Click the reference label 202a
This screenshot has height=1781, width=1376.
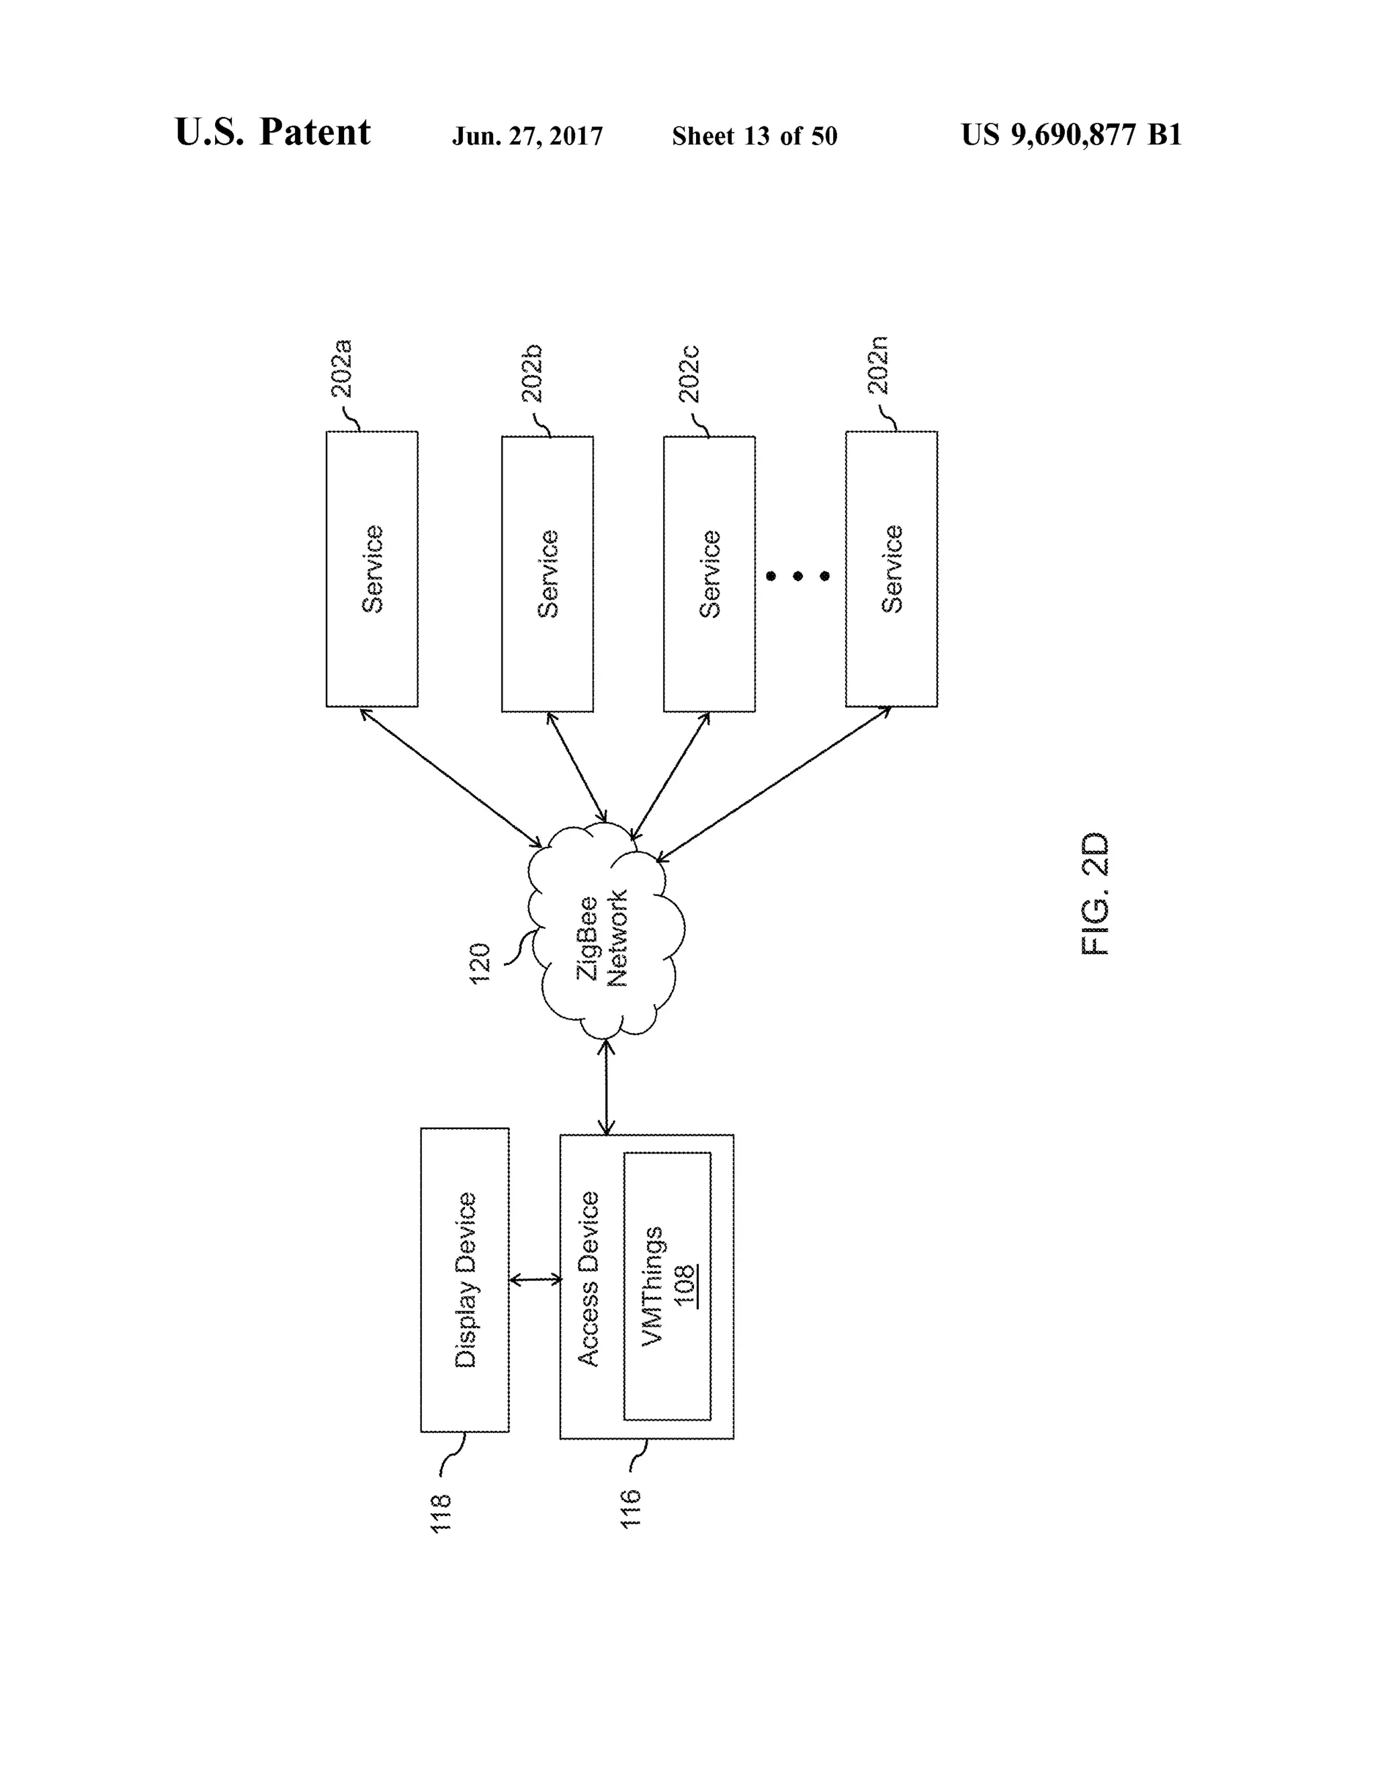coord(343,368)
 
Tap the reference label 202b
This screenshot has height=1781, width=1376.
coord(532,374)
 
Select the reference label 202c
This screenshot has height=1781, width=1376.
coord(689,374)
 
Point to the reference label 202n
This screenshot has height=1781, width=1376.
coord(878,366)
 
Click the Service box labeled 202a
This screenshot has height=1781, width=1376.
coord(372,569)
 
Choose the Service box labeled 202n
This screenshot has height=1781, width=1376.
coord(891,569)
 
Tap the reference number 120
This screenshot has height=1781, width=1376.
coord(480,963)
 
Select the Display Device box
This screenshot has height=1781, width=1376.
coord(465,1280)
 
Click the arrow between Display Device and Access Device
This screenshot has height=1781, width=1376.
coord(535,1280)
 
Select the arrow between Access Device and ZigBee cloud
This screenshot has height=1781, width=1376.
coord(607,1087)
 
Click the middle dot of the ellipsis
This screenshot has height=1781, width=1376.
coord(798,577)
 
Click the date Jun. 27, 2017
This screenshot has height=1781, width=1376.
coord(527,136)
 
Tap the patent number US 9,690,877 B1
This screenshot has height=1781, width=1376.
coord(1071,134)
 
